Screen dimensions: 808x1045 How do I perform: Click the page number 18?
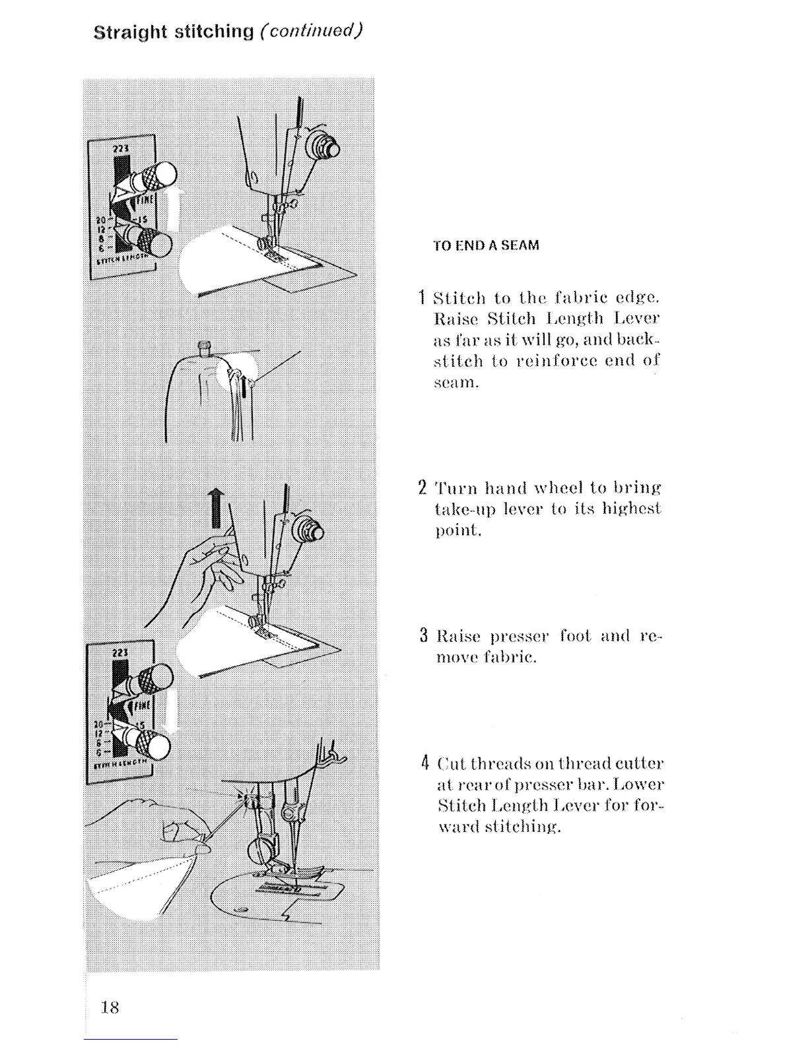tap(110, 1007)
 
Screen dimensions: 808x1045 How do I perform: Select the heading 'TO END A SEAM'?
tap(486, 245)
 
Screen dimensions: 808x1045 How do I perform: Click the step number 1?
tap(422, 298)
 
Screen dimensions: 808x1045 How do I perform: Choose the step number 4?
tap(424, 763)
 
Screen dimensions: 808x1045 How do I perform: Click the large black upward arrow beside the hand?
tap(216, 508)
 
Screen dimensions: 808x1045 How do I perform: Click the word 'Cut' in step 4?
tap(451, 764)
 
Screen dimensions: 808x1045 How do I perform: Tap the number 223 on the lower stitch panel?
tap(119, 652)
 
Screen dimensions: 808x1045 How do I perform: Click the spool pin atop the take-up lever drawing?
tap(204, 346)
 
